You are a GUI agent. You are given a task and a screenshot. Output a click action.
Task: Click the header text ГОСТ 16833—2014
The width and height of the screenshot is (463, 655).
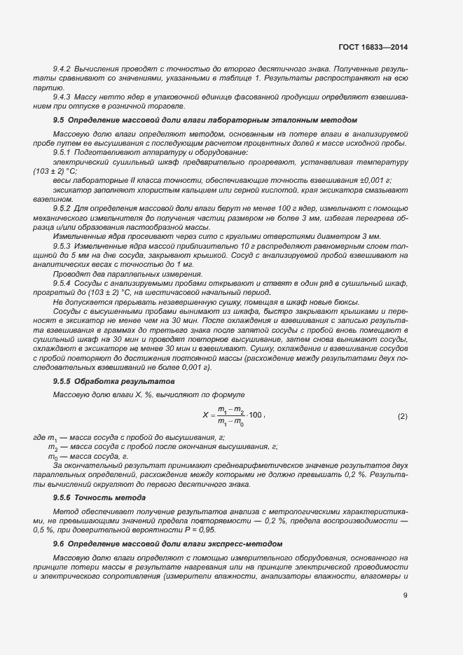pyautogui.click(x=372, y=48)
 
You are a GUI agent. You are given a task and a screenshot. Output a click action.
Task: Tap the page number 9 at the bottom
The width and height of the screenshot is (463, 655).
pyautogui.click(x=405, y=596)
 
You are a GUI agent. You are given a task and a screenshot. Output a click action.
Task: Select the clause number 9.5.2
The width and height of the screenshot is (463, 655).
pyautogui.click(x=63, y=208)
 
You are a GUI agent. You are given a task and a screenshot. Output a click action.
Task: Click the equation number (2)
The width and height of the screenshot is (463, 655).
pyautogui.click(x=402, y=416)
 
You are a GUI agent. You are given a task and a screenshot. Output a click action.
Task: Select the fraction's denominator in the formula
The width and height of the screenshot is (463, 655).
pyautogui.click(x=230, y=422)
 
